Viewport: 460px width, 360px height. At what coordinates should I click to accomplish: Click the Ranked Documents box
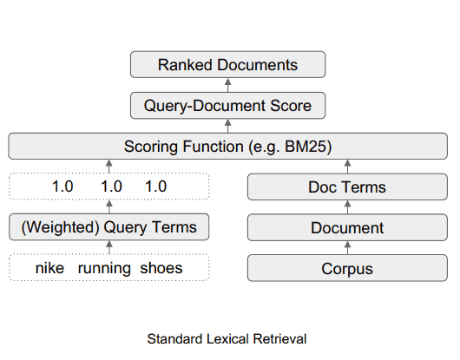pos(227,65)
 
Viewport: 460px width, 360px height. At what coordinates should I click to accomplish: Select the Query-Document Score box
pos(227,107)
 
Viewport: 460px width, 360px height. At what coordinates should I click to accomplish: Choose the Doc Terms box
pos(347,187)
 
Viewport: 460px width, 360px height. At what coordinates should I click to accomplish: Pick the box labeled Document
pos(347,228)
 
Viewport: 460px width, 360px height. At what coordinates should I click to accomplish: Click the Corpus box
pos(347,269)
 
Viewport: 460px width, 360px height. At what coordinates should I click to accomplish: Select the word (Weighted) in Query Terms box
pos(59,228)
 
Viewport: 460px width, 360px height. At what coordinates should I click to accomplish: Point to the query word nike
pos(50,268)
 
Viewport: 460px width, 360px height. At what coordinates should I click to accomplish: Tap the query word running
pos(104,268)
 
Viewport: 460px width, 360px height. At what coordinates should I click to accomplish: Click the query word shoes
pos(161,268)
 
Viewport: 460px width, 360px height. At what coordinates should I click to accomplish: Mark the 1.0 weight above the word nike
pos(63,187)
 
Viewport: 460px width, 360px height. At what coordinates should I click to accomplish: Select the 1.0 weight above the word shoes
pos(155,187)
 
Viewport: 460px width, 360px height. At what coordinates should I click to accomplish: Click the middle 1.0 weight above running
pos(110,187)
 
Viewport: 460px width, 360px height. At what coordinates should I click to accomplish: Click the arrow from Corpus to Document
pos(347,248)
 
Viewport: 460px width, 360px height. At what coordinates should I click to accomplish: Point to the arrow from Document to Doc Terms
pos(347,207)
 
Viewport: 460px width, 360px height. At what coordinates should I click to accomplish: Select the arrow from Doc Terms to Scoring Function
pos(347,167)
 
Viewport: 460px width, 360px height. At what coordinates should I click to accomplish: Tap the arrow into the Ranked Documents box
pos(227,85)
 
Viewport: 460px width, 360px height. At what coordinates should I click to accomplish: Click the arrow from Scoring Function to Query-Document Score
pos(227,126)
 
